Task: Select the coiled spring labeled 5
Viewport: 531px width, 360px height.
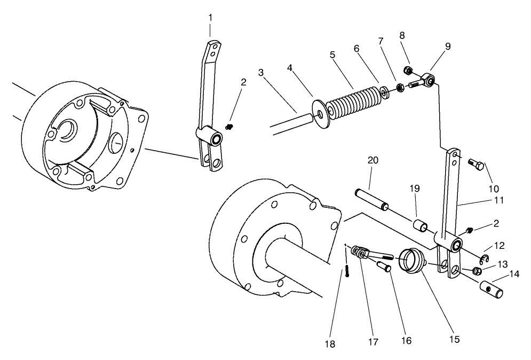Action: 353,101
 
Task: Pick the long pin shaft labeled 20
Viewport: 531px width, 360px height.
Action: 373,198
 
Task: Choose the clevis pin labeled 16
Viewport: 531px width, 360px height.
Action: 384,265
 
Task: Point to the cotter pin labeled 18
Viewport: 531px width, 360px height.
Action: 347,271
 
